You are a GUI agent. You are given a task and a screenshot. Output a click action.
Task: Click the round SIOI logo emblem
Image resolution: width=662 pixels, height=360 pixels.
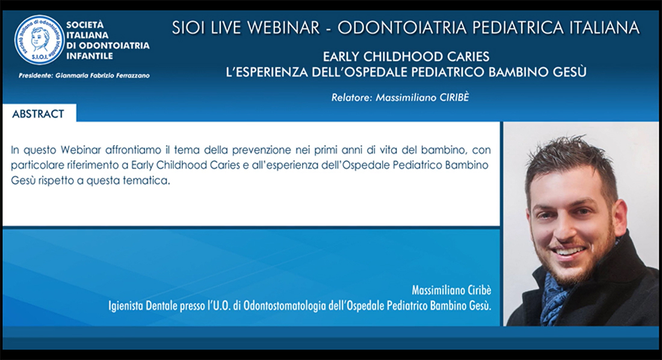pyautogui.click(x=40, y=40)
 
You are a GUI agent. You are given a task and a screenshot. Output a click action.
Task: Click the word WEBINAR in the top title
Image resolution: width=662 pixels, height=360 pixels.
pyautogui.click(x=283, y=28)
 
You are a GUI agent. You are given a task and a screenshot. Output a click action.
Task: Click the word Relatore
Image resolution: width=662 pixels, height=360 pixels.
pyautogui.click(x=351, y=98)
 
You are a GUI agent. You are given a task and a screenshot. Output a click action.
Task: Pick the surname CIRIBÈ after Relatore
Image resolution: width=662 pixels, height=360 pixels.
pyautogui.click(x=454, y=97)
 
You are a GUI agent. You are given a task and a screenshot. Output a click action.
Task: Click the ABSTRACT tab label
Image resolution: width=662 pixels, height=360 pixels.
pyautogui.click(x=38, y=114)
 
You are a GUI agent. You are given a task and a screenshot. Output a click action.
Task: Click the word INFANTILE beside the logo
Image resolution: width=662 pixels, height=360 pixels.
pyautogui.click(x=90, y=56)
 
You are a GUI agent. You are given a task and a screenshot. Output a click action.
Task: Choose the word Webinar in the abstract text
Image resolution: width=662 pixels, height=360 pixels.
pyautogui.click(x=81, y=150)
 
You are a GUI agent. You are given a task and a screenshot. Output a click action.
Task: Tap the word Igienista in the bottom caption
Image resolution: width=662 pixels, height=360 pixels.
pyautogui.click(x=125, y=305)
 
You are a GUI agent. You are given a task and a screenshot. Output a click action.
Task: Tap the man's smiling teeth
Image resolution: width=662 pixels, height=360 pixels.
pyautogui.click(x=569, y=252)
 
